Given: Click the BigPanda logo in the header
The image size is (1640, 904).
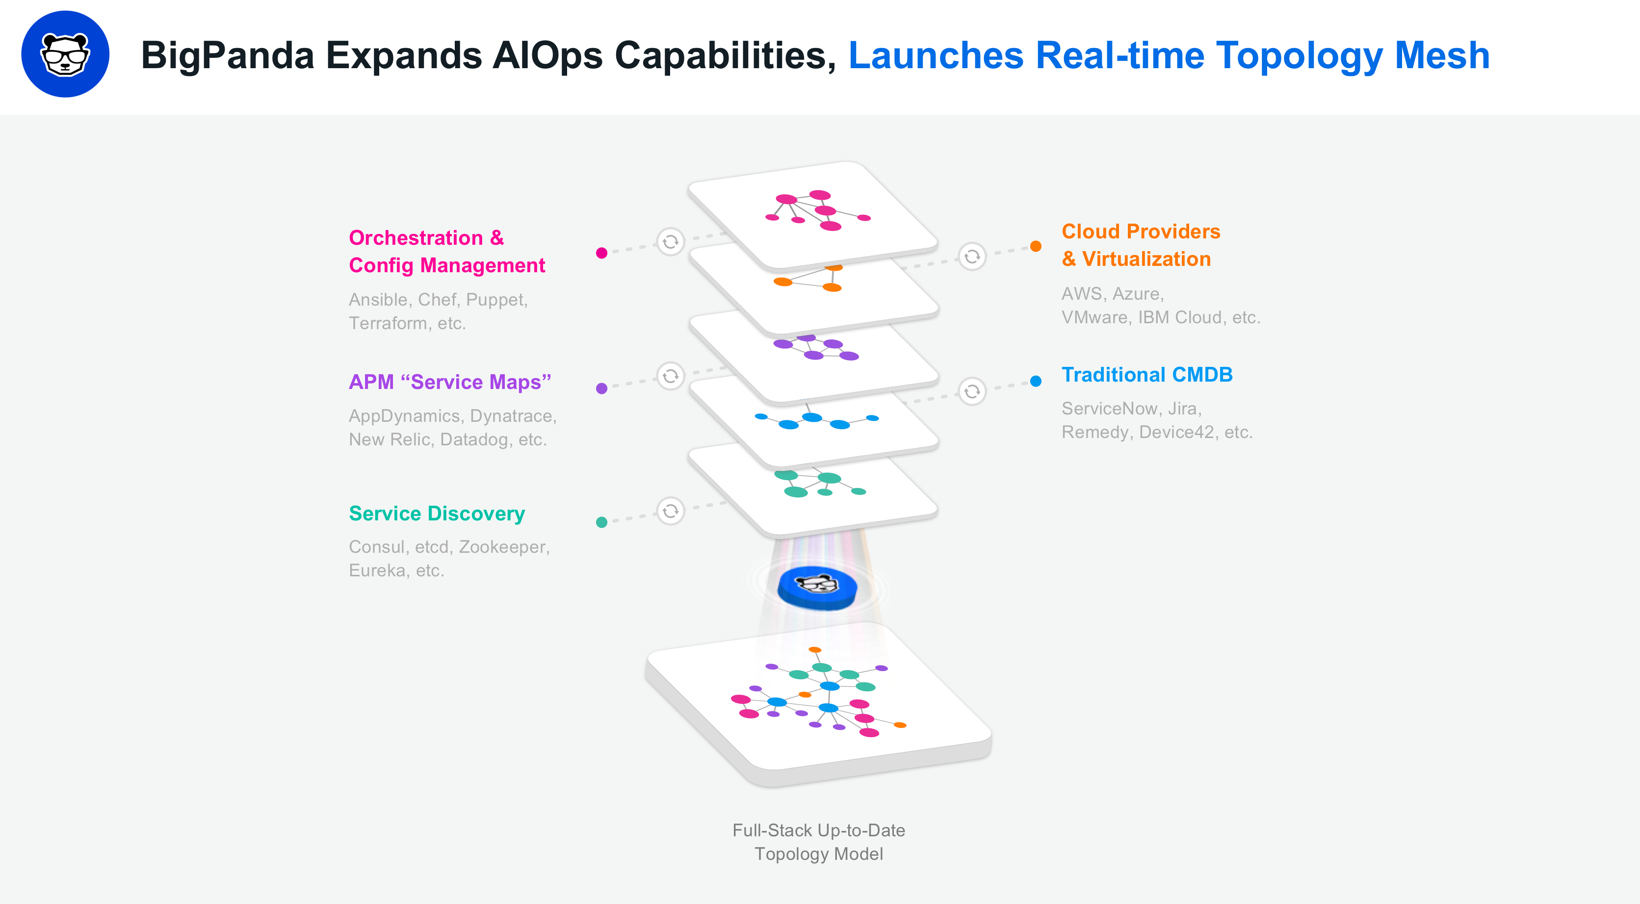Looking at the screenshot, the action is (65, 54).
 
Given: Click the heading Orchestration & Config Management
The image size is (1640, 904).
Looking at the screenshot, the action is (447, 252).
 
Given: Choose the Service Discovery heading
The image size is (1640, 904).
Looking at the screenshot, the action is (437, 513).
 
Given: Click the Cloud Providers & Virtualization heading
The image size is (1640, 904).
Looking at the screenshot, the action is (1141, 245).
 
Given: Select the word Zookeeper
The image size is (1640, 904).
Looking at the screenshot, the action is (504, 547).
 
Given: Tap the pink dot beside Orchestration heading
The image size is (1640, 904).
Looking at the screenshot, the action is (601, 253).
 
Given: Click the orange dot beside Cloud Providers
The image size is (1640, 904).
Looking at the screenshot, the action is (1036, 246).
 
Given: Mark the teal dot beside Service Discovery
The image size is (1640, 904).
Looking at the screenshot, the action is (601, 522).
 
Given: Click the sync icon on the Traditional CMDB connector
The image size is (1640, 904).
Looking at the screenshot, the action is (972, 391).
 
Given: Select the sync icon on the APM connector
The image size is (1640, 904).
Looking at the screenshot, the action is (671, 376).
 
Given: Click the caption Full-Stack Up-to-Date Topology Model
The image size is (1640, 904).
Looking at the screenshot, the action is (819, 842).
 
